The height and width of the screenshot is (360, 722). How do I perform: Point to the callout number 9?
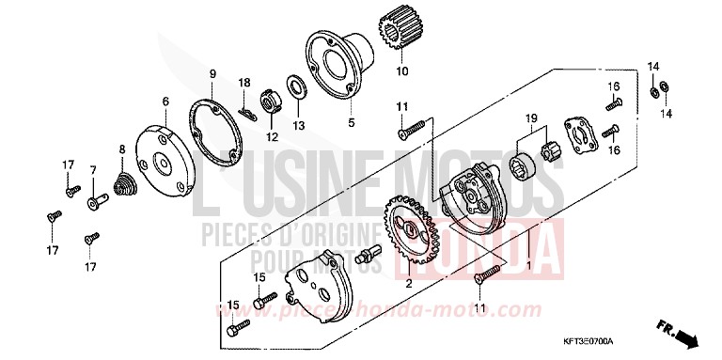coord(212,73)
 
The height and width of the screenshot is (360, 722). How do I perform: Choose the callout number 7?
coord(93,169)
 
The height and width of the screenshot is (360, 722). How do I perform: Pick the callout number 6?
coord(165,102)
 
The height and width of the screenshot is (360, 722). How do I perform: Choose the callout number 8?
coord(121,149)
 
